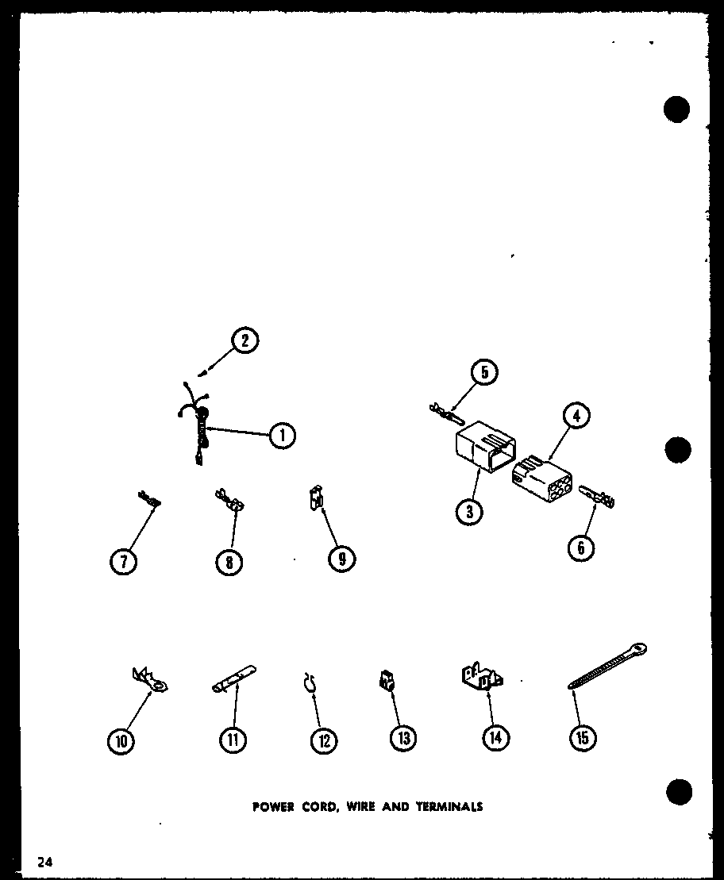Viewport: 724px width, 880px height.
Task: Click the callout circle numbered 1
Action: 282,434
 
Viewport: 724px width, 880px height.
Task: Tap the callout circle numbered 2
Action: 245,341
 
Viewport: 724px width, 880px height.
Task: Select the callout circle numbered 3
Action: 470,512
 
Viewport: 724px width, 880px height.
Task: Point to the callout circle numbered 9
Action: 341,559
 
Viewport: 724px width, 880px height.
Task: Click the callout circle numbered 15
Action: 582,738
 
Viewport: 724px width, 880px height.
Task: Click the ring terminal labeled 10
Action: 151,679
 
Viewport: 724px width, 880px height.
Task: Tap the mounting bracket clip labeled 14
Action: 481,678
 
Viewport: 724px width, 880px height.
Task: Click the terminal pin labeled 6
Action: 599,497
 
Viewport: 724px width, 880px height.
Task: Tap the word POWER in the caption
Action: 274,807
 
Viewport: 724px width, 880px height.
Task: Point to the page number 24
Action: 44,862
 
